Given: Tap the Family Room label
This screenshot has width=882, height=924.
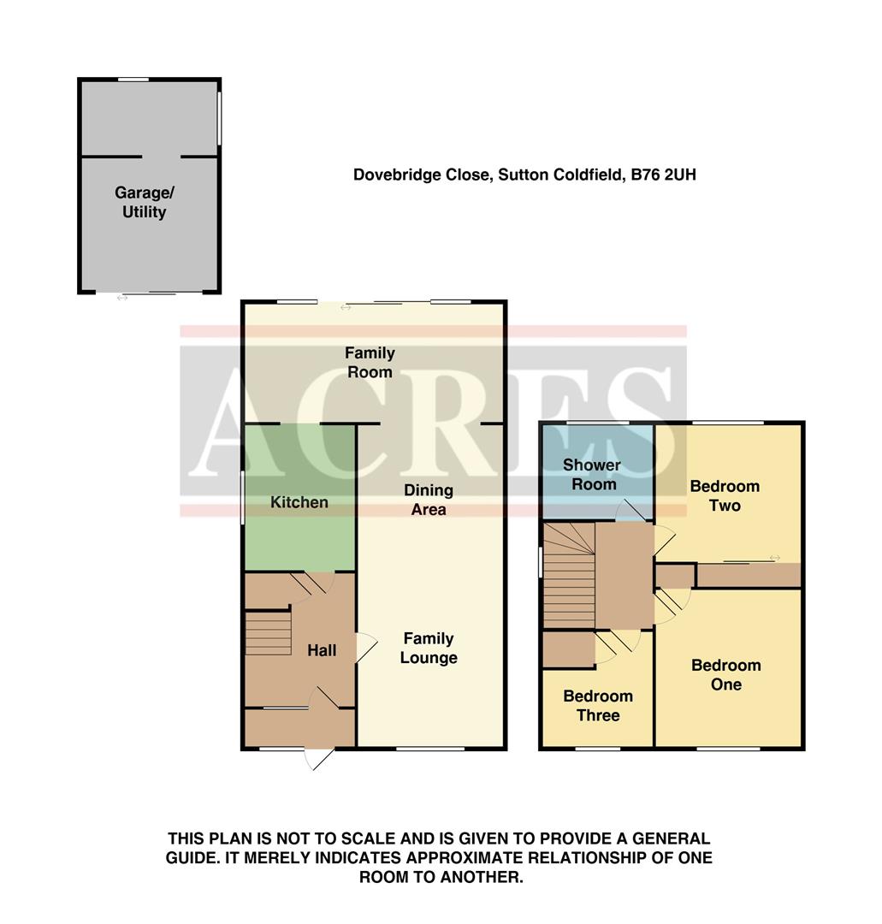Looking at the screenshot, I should pos(370,362).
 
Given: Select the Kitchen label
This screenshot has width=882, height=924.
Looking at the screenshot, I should pos(299,502).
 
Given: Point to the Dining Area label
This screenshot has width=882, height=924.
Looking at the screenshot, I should pos(429,500).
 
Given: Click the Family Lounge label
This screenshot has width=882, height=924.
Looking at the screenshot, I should pos(429,648).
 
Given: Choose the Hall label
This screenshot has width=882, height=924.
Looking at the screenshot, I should pos(322,650).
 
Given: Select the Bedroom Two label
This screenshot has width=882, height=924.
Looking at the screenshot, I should pos(725,495).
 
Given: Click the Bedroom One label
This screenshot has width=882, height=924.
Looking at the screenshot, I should pos(725,674).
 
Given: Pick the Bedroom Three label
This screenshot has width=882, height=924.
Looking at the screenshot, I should pos(597,706).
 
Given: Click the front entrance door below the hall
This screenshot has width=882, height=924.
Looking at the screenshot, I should pos(318,757).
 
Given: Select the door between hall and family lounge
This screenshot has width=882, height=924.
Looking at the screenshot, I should pos(365,646).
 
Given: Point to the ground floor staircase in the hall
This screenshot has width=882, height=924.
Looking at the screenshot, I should pos(269,633).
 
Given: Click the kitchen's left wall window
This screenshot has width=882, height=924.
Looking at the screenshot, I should pos(243,496).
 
